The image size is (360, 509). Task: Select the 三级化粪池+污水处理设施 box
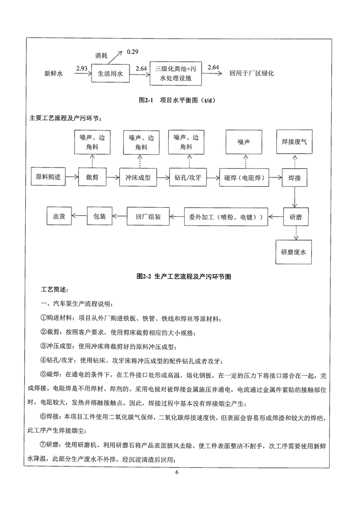click(x=176, y=74)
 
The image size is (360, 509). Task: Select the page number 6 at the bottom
click(x=176, y=486)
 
